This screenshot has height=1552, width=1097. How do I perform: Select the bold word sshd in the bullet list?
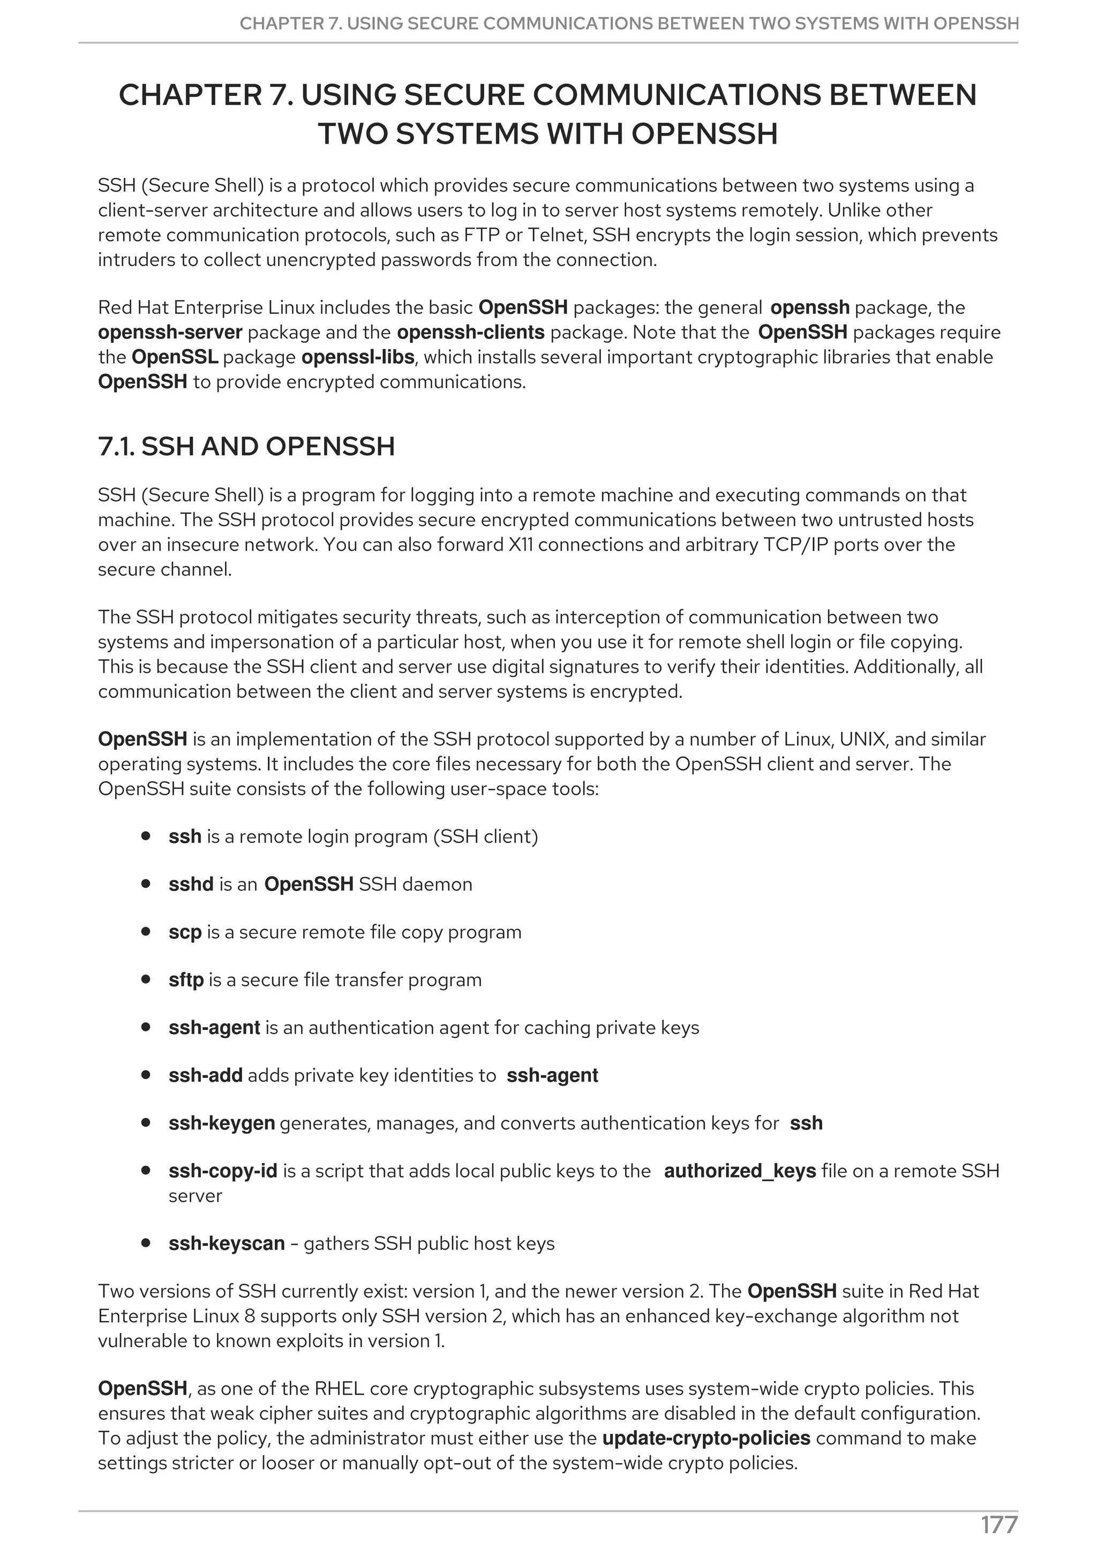point(191,884)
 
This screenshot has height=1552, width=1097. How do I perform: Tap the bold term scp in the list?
point(184,932)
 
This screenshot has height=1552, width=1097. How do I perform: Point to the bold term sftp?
point(186,980)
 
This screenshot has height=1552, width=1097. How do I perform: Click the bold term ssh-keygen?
point(222,1123)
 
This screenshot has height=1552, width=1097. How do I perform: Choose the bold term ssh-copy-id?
point(222,1171)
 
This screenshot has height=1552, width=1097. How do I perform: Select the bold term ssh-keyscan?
point(227,1243)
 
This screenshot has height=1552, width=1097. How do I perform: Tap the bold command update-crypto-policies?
point(705,1438)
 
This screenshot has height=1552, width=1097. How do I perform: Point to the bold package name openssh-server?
point(170,333)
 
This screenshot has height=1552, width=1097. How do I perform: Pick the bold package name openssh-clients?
point(470,333)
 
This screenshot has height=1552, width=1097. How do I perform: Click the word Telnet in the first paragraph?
point(557,235)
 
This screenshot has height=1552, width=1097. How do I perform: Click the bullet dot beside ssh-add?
point(145,1075)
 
